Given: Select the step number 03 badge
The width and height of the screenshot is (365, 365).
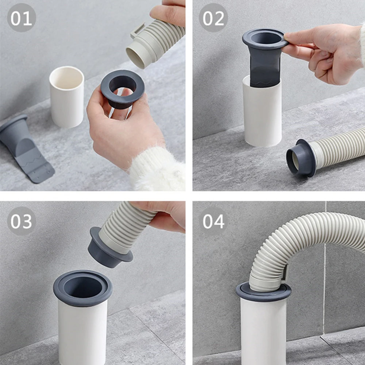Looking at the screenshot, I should [21, 221].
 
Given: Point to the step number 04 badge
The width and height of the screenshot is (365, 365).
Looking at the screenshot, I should [214, 221].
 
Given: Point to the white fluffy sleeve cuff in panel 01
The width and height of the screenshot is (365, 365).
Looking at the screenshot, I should [157, 170].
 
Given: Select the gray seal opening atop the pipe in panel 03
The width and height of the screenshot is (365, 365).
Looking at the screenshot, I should [82, 286].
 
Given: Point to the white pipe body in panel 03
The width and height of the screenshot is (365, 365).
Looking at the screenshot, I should [83, 332].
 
